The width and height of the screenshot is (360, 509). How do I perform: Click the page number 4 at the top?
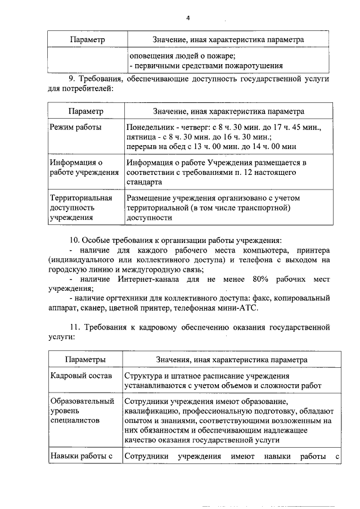coord(188,18)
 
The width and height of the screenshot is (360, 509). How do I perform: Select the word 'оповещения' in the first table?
coord(150,56)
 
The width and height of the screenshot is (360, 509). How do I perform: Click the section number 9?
coord(71,78)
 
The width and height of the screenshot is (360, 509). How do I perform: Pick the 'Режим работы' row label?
coord(76,128)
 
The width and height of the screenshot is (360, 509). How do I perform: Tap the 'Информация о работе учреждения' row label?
coord(84,167)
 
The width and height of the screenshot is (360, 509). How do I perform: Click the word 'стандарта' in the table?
coord(145,182)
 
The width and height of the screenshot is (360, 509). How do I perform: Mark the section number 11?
coord(73,327)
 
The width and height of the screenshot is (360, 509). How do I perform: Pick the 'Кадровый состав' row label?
coord(81,375)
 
